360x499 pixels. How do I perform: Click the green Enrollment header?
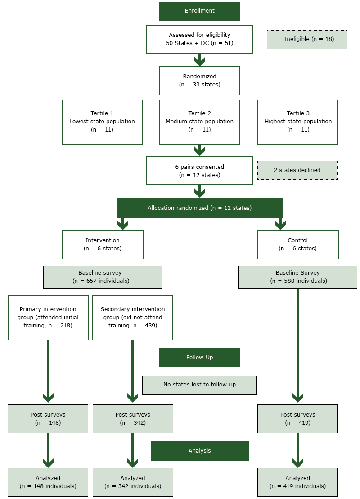point(199,11)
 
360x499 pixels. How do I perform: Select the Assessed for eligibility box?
point(199,39)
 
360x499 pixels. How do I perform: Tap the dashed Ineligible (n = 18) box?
point(306,39)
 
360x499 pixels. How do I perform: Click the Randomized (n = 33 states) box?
point(199,81)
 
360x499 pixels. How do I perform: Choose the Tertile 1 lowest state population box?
point(102,122)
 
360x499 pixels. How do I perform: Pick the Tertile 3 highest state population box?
point(297,122)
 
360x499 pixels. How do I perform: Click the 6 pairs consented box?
point(199,171)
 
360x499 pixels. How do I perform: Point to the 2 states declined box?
point(297,170)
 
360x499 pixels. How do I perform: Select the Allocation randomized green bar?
point(199,208)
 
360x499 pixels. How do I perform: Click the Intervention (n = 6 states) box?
point(102,245)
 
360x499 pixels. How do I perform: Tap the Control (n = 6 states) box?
point(297,245)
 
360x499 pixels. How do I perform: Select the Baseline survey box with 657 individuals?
point(102,277)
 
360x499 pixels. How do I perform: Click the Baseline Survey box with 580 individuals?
point(297,277)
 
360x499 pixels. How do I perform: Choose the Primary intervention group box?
point(48,318)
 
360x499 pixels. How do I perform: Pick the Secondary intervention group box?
point(133,318)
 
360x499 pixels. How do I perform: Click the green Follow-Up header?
point(199,358)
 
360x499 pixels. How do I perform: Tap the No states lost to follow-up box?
point(199,385)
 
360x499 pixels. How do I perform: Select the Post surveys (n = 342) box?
point(133,418)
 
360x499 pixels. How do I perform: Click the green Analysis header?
point(199,451)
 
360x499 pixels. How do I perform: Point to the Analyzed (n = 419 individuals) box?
point(297,482)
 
